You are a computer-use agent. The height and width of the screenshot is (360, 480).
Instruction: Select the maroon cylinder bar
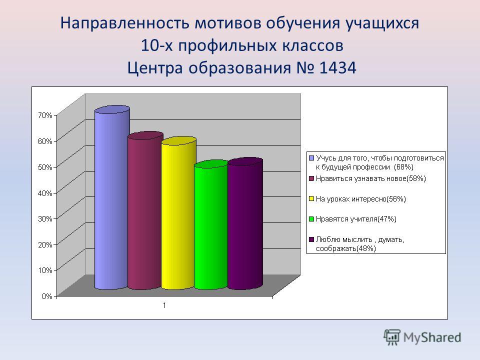pos(145,210)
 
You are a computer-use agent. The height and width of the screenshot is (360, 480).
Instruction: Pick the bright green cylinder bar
pos(211,224)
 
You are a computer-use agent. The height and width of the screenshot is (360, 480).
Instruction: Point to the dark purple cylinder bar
pos(245,223)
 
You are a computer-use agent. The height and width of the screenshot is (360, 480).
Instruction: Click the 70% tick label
pos(45,115)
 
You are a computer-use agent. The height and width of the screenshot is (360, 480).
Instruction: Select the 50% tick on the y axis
pos(45,167)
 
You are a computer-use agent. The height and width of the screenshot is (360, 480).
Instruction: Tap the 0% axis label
pos(47,296)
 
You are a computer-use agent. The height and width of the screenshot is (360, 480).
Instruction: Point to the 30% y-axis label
pos(45,218)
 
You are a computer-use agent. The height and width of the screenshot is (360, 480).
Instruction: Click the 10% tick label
pos(45,270)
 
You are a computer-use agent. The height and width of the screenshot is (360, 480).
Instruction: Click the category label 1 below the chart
pos(164,305)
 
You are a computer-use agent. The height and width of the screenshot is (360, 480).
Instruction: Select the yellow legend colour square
pos(311,199)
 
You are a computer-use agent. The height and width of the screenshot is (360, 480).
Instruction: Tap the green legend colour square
pos(311,219)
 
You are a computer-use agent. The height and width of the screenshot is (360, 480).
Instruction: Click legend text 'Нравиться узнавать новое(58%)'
pos(371,179)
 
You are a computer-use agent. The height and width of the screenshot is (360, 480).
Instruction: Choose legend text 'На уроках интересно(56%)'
pos(361,199)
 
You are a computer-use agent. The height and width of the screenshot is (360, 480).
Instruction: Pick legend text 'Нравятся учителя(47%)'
pos(356,219)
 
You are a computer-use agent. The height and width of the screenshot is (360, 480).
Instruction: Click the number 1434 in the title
pos(337,67)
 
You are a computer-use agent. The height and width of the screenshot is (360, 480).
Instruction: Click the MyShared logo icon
pos(392,337)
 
